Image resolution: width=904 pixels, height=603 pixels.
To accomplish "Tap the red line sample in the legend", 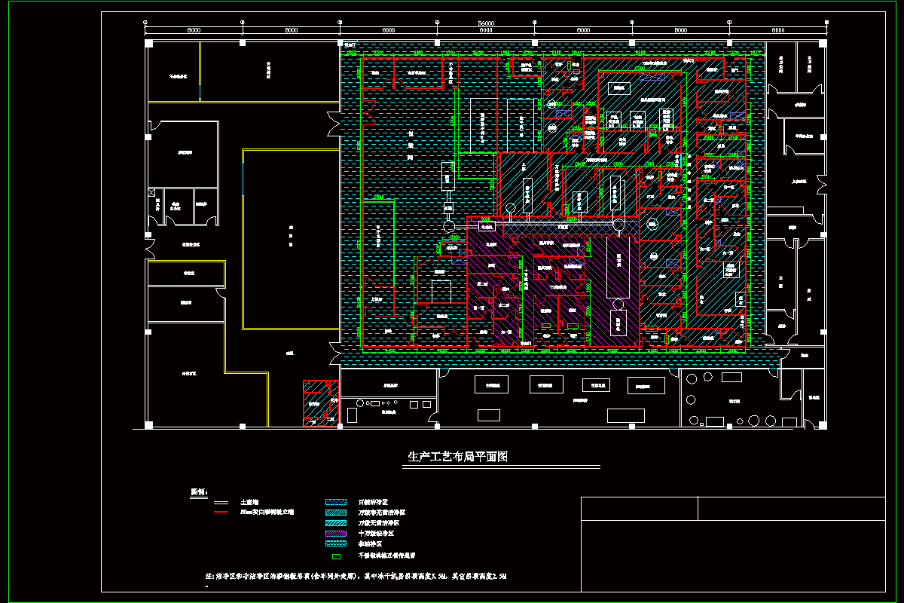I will tap(221, 513).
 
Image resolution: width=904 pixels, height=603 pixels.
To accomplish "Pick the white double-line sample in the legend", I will tap(221, 502).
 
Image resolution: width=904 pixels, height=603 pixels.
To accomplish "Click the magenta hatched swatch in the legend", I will tap(335, 533).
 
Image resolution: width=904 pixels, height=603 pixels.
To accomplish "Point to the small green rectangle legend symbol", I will tap(336, 556).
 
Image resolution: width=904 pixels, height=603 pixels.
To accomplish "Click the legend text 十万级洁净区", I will tap(377, 533).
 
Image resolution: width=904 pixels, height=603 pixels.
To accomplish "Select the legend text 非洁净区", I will tap(372, 543).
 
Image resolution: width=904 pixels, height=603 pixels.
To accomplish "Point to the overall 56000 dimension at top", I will tap(486, 23).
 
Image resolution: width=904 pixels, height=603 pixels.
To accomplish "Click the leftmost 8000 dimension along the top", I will tap(194, 30).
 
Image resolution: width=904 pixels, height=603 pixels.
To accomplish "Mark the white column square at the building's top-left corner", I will tap(149, 44).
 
